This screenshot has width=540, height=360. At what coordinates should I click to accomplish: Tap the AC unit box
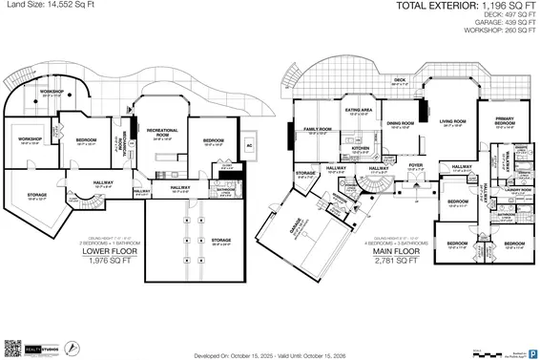[249, 146]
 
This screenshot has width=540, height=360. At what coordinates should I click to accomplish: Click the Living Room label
[452, 122]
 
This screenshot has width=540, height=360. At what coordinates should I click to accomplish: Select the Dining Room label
[400, 123]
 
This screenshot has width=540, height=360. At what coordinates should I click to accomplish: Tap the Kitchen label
[360, 149]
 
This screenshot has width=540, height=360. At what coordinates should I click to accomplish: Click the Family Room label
[318, 129]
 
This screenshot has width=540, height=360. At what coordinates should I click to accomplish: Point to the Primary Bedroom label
[506, 121]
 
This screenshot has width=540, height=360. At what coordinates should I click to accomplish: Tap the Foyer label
[415, 165]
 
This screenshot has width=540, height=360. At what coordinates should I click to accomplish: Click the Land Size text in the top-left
[46, 7]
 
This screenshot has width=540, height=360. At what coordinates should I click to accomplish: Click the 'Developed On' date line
[269, 353]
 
